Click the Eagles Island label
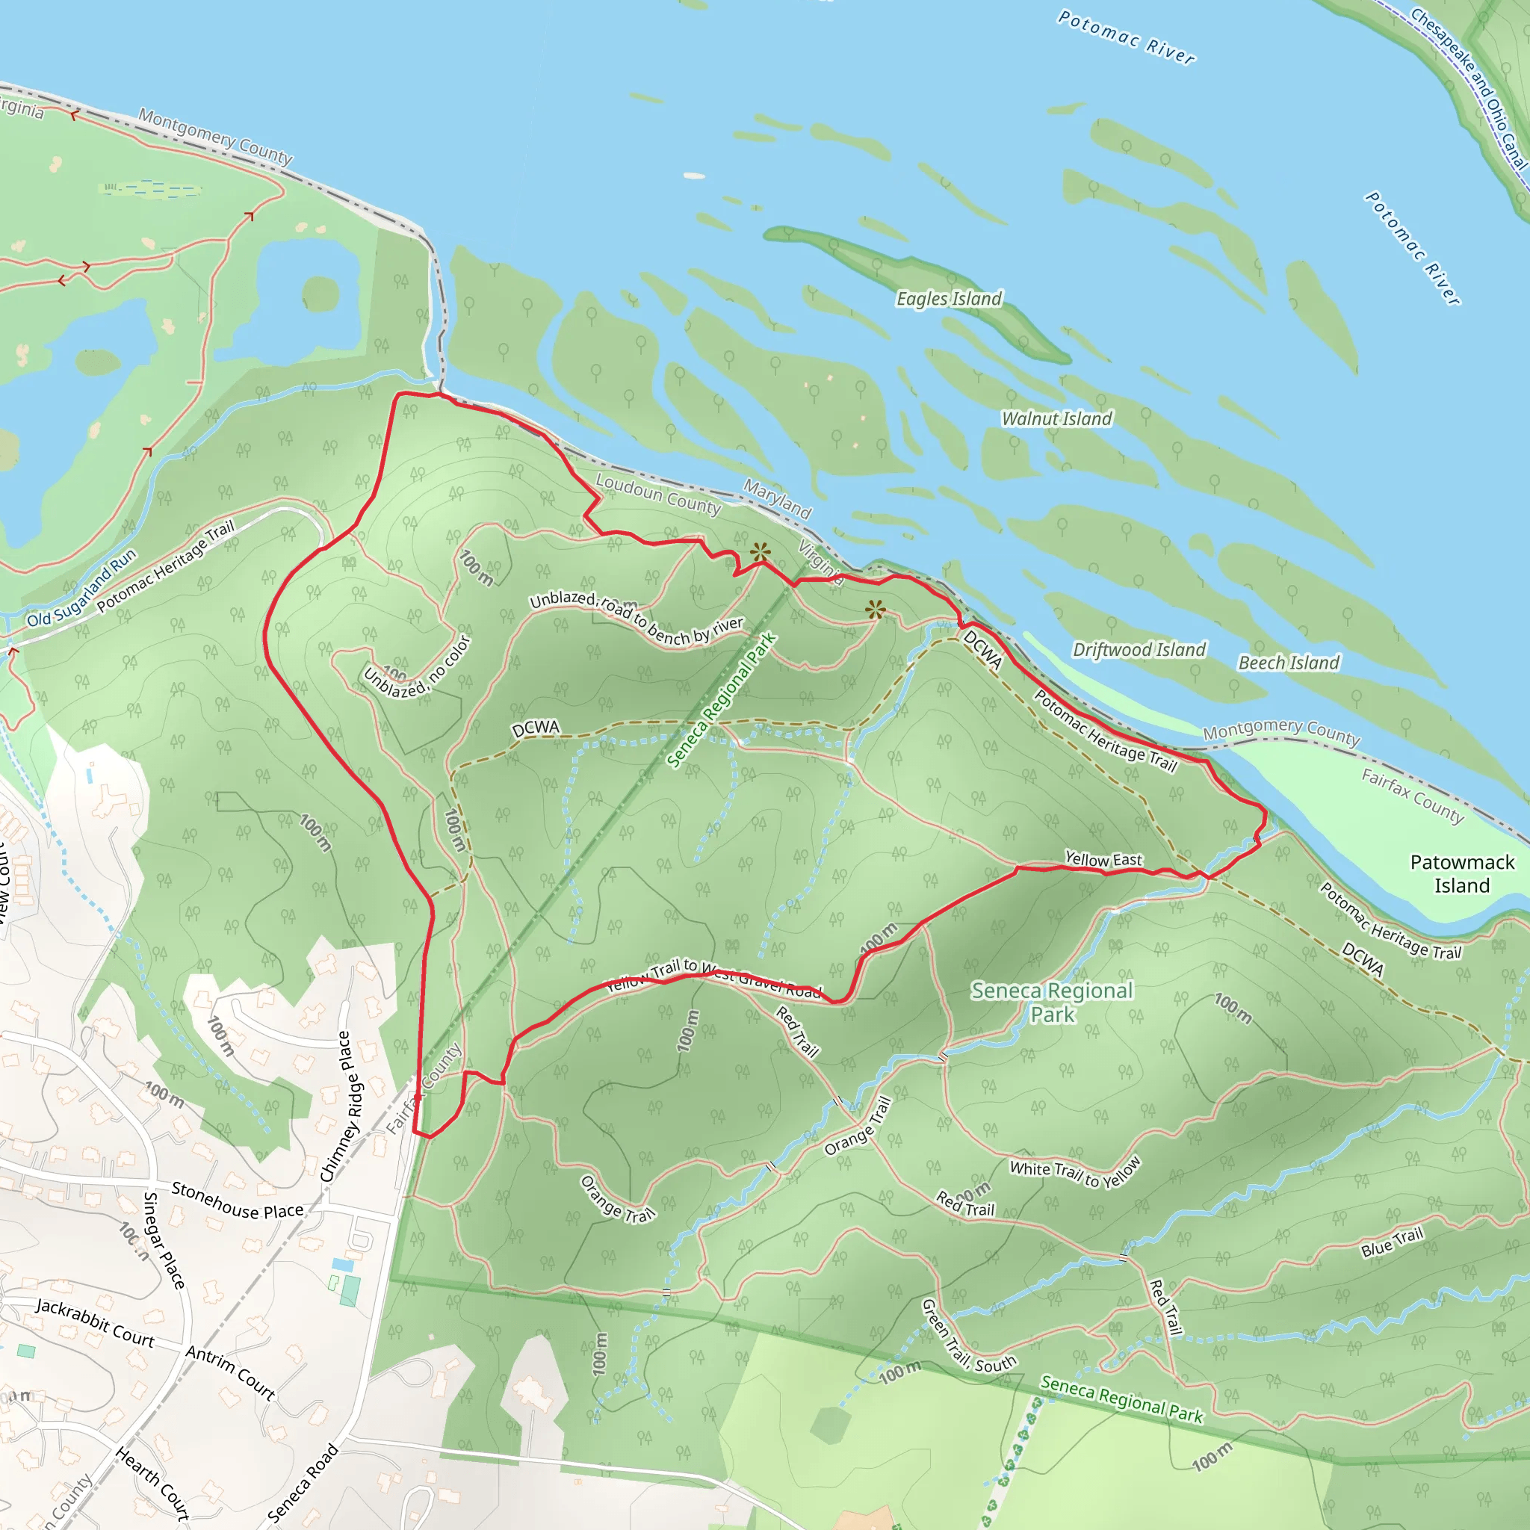click(949, 299)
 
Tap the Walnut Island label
click(1056, 418)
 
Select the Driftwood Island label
click(1139, 649)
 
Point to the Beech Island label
click(1289, 663)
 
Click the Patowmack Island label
click(1462, 873)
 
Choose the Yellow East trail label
click(1103, 859)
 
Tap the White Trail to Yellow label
click(1074, 1173)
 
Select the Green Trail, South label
click(967, 1337)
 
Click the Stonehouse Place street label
click(238, 1201)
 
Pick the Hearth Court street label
click(153, 1482)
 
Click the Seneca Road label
click(303, 1483)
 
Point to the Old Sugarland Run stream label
click(81, 589)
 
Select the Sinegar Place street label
click(163, 1240)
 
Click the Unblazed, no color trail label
click(418, 669)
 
